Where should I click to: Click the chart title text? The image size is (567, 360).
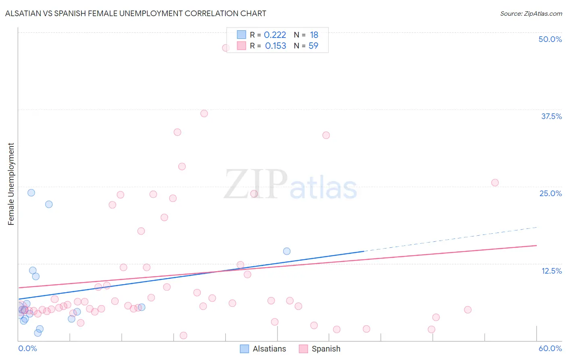point(135,13)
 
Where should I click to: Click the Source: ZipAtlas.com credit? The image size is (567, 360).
point(531,14)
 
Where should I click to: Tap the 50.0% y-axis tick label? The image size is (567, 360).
point(550,39)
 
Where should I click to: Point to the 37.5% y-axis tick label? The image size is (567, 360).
point(551,116)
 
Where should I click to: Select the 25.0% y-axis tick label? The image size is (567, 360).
point(550,193)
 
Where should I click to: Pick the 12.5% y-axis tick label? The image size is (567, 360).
point(551,271)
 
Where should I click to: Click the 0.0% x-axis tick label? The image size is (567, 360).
point(27,348)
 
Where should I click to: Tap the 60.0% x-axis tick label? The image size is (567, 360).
point(550,348)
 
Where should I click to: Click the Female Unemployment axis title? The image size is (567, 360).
point(11,184)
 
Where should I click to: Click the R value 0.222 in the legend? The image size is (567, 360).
point(275,35)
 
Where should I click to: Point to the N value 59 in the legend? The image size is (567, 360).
point(313,46)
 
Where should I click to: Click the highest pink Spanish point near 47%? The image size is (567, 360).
point(226,48)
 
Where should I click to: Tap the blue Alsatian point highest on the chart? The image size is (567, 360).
point(31,193)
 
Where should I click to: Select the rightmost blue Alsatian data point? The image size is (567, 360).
point(287,251)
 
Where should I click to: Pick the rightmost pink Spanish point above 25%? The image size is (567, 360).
point(495,182)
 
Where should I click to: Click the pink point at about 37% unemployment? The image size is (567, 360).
point(204,113)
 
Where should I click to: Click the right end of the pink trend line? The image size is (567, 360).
point(536,245)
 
